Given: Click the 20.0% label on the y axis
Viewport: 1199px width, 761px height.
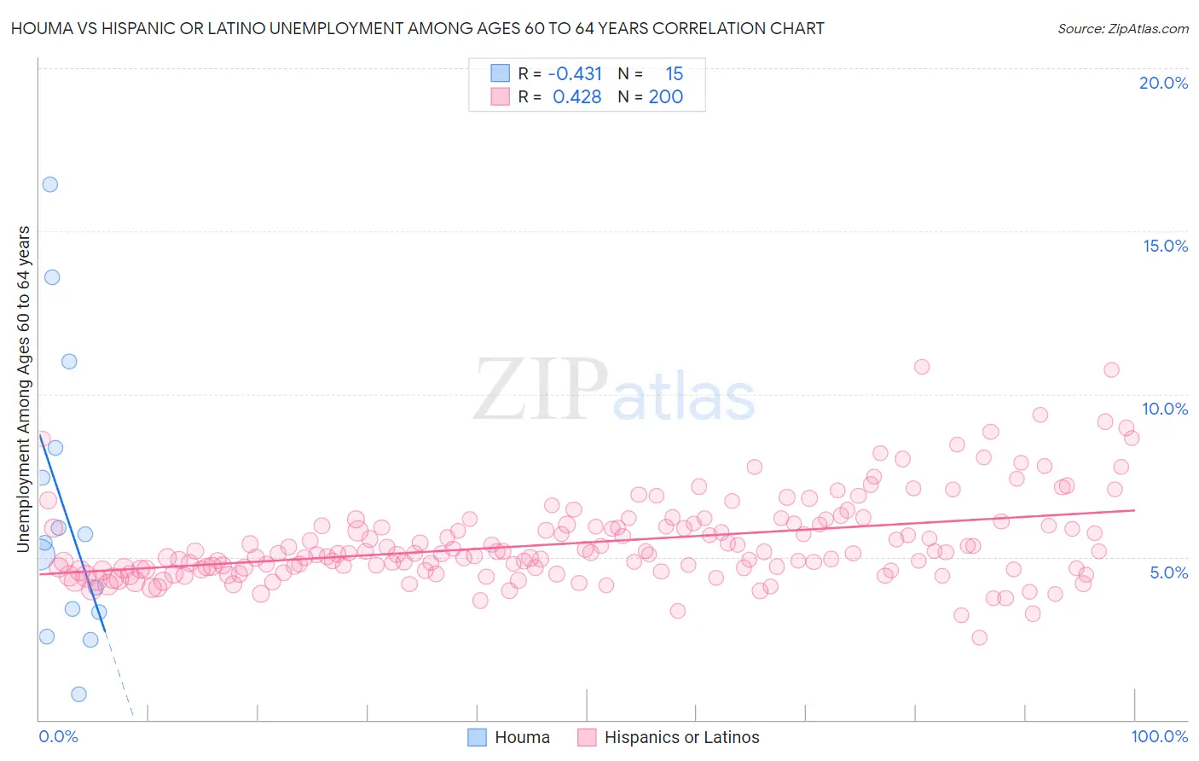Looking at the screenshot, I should coord(1163,83).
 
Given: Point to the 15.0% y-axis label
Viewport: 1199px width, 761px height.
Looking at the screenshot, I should coord(1165,246).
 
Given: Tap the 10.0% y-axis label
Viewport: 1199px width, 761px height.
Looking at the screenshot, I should coord(1165,409).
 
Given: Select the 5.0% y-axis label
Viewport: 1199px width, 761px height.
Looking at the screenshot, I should coord(1168,572).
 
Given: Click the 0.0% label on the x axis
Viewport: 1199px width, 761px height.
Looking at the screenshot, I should coord(58,736).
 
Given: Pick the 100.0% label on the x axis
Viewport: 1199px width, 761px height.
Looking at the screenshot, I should coord(1159,736).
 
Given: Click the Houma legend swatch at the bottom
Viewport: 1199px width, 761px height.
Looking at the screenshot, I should coord(477,737).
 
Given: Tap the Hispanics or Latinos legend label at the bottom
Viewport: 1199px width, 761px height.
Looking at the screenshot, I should coord(681,737).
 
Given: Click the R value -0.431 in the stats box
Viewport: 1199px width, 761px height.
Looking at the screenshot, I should coord(575,74).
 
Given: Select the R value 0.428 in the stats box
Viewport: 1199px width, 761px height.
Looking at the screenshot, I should coord(577,97).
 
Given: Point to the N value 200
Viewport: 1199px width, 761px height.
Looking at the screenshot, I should coord(665,97).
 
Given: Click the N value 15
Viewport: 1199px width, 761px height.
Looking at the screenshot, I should coord(674,74).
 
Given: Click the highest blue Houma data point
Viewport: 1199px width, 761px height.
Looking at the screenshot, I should coord(50,184).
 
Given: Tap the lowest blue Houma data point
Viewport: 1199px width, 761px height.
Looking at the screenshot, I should coord(78,694).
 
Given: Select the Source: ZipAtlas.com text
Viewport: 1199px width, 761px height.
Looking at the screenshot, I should coord(1122,28).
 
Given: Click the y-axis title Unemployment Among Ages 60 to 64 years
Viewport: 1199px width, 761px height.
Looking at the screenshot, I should coord(24,388).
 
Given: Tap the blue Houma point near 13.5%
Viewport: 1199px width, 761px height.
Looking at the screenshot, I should coord(52,277).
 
